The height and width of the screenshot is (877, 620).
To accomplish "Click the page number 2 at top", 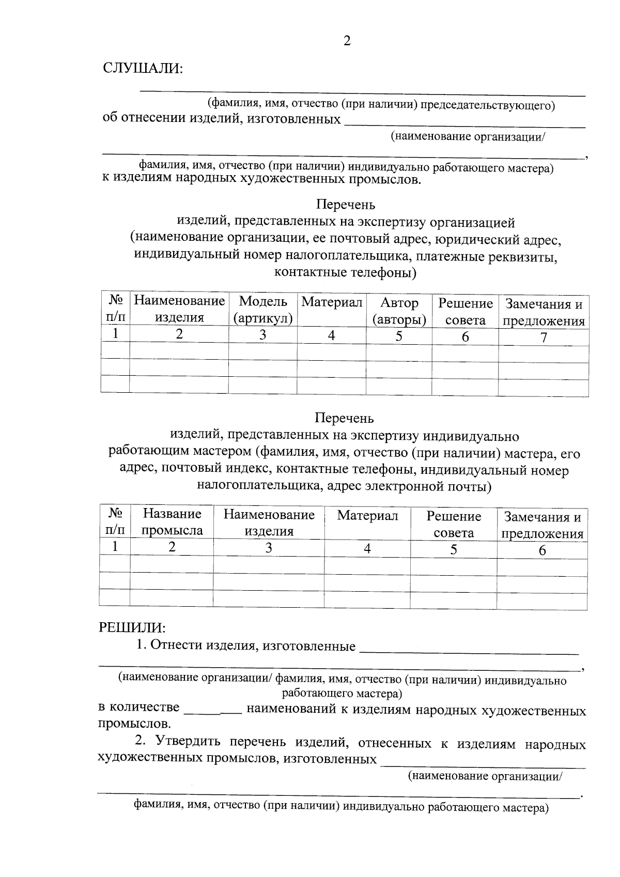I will tap(347, 41).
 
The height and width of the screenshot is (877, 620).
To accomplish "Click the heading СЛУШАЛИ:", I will tap(143, 68).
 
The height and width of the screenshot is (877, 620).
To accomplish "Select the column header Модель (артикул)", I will tap(263, 310).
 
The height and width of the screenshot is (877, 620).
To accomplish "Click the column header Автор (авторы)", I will tap(399, 311).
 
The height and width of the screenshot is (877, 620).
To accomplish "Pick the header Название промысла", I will tap(172, 521).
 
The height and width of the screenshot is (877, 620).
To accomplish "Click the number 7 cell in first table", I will tap(543, 337).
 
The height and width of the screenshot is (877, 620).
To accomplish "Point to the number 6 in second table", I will tap(542, 550).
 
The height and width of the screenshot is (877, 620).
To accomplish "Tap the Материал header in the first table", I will tap(332, 302).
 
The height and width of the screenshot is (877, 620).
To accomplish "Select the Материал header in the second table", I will tap(367, 515).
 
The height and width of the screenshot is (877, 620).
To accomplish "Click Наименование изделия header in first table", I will tap(179, 309).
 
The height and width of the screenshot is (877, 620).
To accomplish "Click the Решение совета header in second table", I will tap(454, 524).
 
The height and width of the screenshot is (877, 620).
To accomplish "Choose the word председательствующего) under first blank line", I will tap(487, 106).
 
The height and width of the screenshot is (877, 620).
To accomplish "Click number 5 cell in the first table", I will tap(399, 336).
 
